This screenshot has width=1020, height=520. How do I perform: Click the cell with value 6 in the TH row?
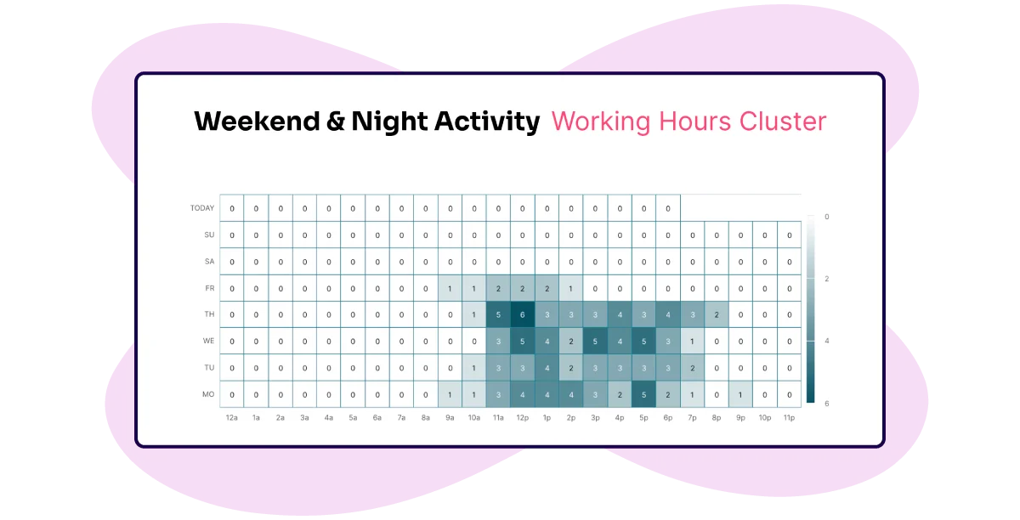(x=522, y=314)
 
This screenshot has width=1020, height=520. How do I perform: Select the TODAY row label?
(x=202, y=208)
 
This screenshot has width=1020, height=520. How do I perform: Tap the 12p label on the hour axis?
(x=522, y=417)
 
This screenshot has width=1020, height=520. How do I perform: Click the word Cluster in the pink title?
(x=782, y=122)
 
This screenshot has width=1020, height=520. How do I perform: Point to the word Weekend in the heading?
(x=257, y=122)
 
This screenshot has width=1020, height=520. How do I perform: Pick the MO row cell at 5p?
(x=643, y=394)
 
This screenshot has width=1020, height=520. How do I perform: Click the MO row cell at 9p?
(x=740, y=394)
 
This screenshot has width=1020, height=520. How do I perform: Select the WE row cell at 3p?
(x=595, y=341)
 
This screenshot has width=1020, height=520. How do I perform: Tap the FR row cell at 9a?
(x=450, y=288)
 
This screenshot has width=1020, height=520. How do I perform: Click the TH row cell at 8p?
(x=717, y=314)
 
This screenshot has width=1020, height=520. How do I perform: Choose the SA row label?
(x=209, y=262)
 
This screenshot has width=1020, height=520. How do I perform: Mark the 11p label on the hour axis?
(x=789, y=417)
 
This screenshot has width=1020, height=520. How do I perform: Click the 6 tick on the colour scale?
(x=827, y=404)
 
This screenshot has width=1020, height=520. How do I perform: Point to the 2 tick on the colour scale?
(x=827, y=279)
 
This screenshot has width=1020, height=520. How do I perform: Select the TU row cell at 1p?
(x=547, y=368)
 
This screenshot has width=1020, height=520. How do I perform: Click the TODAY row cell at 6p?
(x=668, y=208)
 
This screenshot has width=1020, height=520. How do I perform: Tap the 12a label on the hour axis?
(x=232, y=417)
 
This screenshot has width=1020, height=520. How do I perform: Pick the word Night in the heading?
(x=389, y=122)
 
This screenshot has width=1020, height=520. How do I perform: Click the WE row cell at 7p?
(x=692, y=341)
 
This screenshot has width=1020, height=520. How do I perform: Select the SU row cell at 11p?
(x=789, y=235)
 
